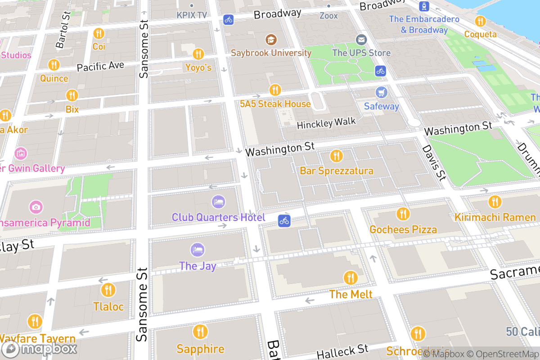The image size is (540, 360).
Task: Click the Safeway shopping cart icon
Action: (x=382, y=93)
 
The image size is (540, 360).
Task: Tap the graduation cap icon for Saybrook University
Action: (x=271, y=40)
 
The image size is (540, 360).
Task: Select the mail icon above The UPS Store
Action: (x=361, y=40)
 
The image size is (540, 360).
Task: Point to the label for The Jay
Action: (x=198, y=266)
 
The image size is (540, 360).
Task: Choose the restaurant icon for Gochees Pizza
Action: (x=403, y=214)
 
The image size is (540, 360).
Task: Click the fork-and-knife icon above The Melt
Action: (x=350, y=278)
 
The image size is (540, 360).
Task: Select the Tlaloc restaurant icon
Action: (x=108, y=290)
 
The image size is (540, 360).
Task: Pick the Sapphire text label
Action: (x=200, y=349)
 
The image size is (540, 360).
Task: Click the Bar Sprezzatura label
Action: (x=337, y=171)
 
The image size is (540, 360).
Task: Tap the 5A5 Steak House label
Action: (x=275, y=104)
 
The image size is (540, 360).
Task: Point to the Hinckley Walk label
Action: (x=326, y=123)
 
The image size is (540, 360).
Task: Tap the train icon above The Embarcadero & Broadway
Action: (x=423, y=6)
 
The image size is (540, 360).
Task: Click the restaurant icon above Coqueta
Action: (x=480, y=21)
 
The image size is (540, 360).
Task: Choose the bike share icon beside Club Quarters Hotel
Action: (x=284, y=220)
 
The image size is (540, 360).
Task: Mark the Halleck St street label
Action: (x=342, y=351)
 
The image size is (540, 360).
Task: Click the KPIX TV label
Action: (x=192, y=15)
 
